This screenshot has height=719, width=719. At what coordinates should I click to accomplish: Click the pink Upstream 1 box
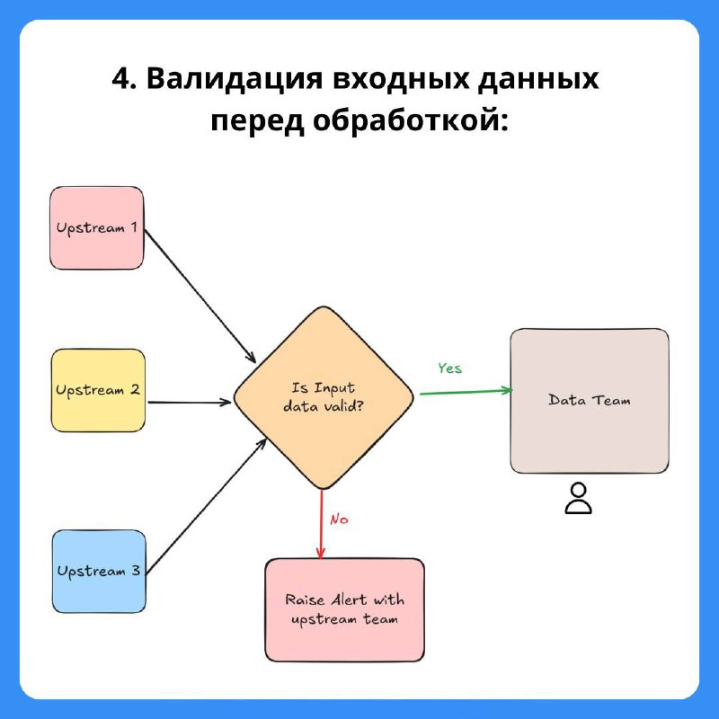click(97, 228)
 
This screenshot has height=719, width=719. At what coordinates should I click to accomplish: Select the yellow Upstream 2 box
click(98, 390)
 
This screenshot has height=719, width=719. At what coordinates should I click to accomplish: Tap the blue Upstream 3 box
click(99, 572)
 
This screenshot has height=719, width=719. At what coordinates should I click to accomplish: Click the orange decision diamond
click(324, 397)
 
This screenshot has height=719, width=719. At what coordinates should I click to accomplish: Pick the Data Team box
click(590, 401)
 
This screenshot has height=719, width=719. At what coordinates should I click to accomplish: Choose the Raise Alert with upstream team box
click(345, 610)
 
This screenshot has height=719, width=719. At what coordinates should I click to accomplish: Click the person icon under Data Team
click(578, 498)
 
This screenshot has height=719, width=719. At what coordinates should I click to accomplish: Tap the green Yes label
click(449, 368)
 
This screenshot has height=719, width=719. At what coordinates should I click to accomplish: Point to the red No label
click(339, 519)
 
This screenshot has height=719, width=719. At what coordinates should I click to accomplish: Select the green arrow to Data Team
click(466, 392)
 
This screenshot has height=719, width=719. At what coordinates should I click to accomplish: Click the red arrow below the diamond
click(321, 524)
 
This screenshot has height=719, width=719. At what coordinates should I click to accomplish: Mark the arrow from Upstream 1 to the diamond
click(200, 297)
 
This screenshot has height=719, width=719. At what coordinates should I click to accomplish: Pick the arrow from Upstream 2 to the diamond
click(190, 403)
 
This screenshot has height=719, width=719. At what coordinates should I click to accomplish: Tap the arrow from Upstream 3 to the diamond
click(207, 506)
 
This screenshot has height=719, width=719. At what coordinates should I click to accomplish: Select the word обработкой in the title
click(411, 121)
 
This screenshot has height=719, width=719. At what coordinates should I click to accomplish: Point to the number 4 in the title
click(121, 78)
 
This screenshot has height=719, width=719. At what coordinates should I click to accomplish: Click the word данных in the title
click(538, 79)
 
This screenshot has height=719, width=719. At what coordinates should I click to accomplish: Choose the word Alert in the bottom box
click(349, 599)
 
